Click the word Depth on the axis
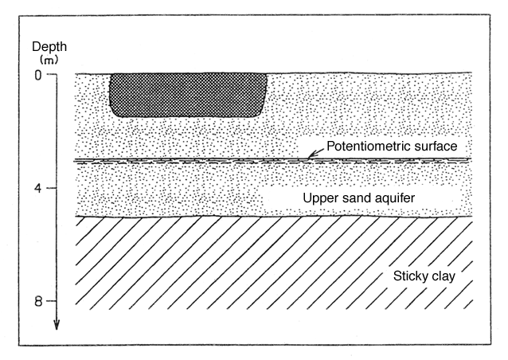tap(49, 47)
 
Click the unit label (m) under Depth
tap(49, 60)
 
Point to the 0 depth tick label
tap(38, 76)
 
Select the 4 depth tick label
tap(38, 188)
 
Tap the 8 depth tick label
tap(38, 302)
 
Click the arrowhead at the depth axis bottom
tap(57, 325)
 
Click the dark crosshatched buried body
tap(189, 95)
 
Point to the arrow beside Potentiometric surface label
tap(315, 153)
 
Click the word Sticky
tap(408, 276)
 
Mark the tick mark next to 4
tap(52, 188)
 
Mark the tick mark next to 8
tap(52, 301)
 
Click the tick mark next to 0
tap(52, 74)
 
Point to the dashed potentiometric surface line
tap(273, 160)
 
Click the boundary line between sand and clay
tap(274, 216)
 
